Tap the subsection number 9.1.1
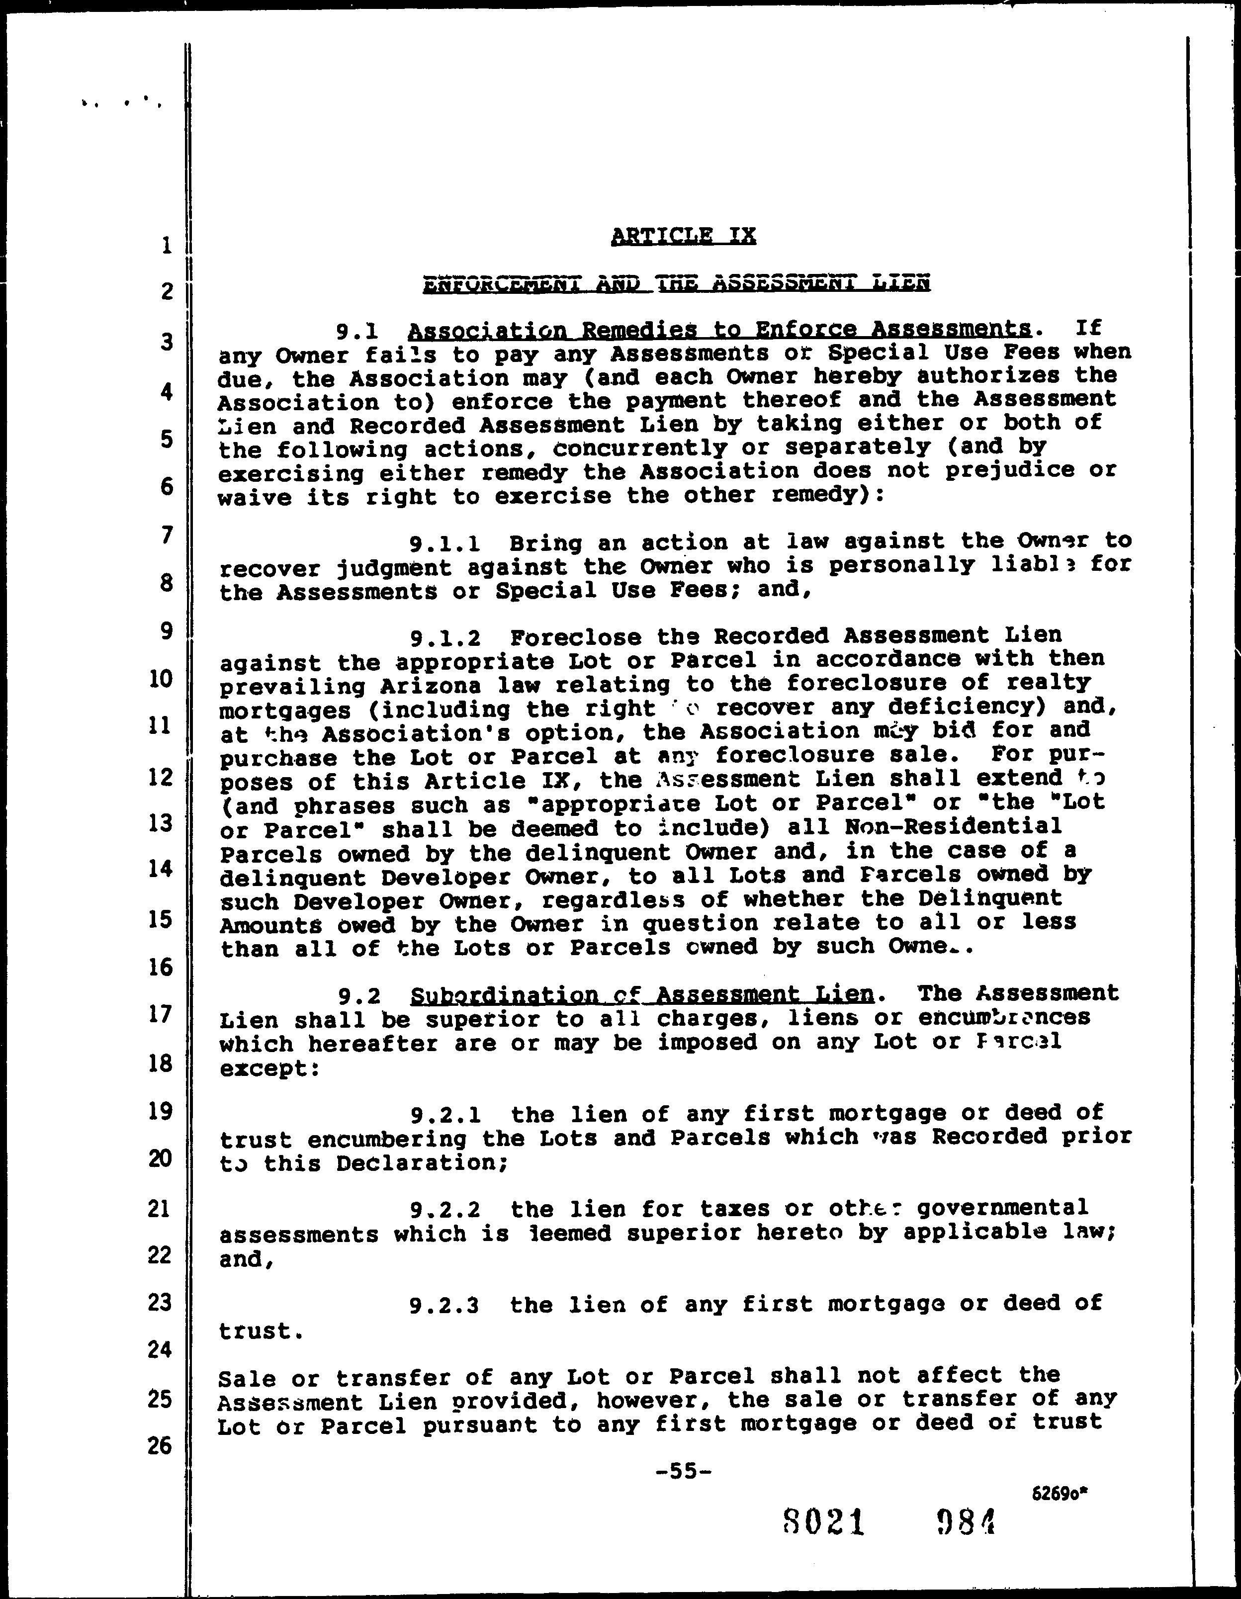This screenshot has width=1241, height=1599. [x=444, y=544]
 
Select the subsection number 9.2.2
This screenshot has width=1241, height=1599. [x=445, y=1210]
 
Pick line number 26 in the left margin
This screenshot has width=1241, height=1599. [x=160, y=1445]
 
